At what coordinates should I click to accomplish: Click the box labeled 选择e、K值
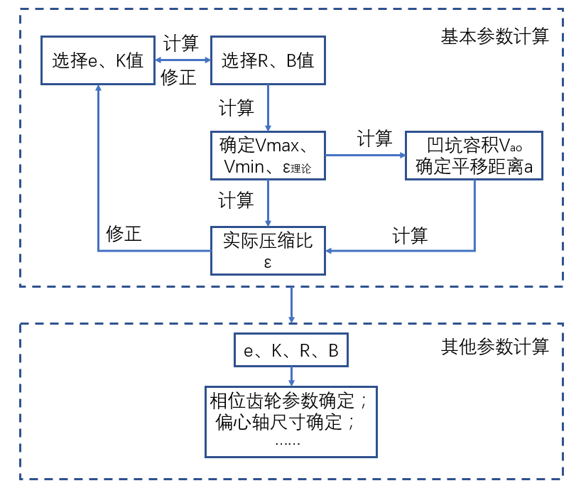pyautogui.click(x=97, y=60)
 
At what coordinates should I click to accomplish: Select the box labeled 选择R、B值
pyautogui.click(x=267, y=60)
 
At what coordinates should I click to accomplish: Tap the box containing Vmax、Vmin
pyautogui.click(x=267, y=156)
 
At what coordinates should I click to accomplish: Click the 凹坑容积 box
pyautogui.click(x=474, y=156)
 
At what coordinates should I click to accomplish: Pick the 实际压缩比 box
pyautogui.click(x=267, y=250)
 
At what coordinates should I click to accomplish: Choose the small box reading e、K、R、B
pyautogui.click(x=291, y=350)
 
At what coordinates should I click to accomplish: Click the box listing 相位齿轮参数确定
pyautogui.click(x=290, y=421)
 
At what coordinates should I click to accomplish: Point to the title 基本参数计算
pyautogui.click(x=495, y=37)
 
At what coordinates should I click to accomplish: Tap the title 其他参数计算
pyautogui.click(x=495, y=347)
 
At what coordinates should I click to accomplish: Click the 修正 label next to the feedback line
pyautogui.click(x=124, y=234)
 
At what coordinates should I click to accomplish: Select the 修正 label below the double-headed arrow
pyautogui.click(x=179, y=78)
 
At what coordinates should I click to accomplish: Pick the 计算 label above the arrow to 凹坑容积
pyautogui.click(x=374, y=139)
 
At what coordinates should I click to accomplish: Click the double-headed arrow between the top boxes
pyautogui.click(x=183, y=61)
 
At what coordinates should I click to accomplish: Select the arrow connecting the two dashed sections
pyautogui.click(x=291, y=305)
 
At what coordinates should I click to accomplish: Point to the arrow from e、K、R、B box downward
pyautogui.click(x=291, y=376)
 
